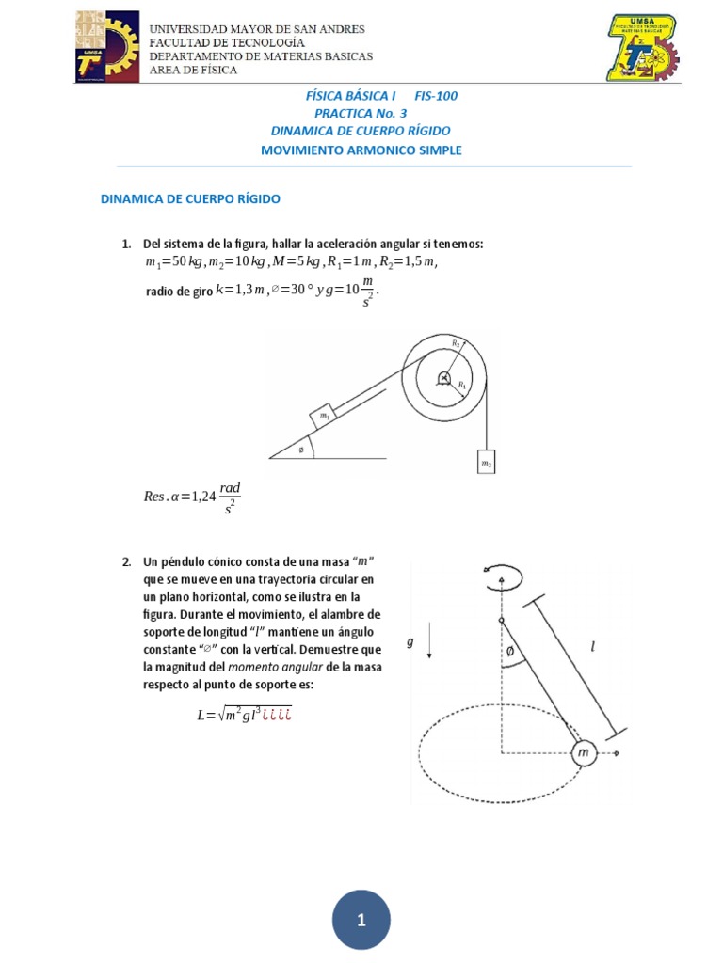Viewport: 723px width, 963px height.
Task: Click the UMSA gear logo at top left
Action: [105, 47]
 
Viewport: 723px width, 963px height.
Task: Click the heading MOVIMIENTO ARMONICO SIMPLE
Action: [361, 150]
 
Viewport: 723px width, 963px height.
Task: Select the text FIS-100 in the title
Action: [435, 96]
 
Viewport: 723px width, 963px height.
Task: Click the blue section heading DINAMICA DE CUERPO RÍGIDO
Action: [190, 198]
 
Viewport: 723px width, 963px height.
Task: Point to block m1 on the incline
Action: [324, 415]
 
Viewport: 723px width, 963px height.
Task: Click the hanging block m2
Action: [486, 463]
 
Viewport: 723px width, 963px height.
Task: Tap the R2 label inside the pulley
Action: [456, 344]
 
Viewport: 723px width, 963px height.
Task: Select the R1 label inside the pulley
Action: [461, 385]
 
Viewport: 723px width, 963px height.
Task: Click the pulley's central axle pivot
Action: [442, 379]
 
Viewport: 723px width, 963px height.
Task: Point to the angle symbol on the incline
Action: [301, 449]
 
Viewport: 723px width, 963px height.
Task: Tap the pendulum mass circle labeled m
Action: [584, 753]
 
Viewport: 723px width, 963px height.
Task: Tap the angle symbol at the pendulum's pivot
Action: [509, 651]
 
